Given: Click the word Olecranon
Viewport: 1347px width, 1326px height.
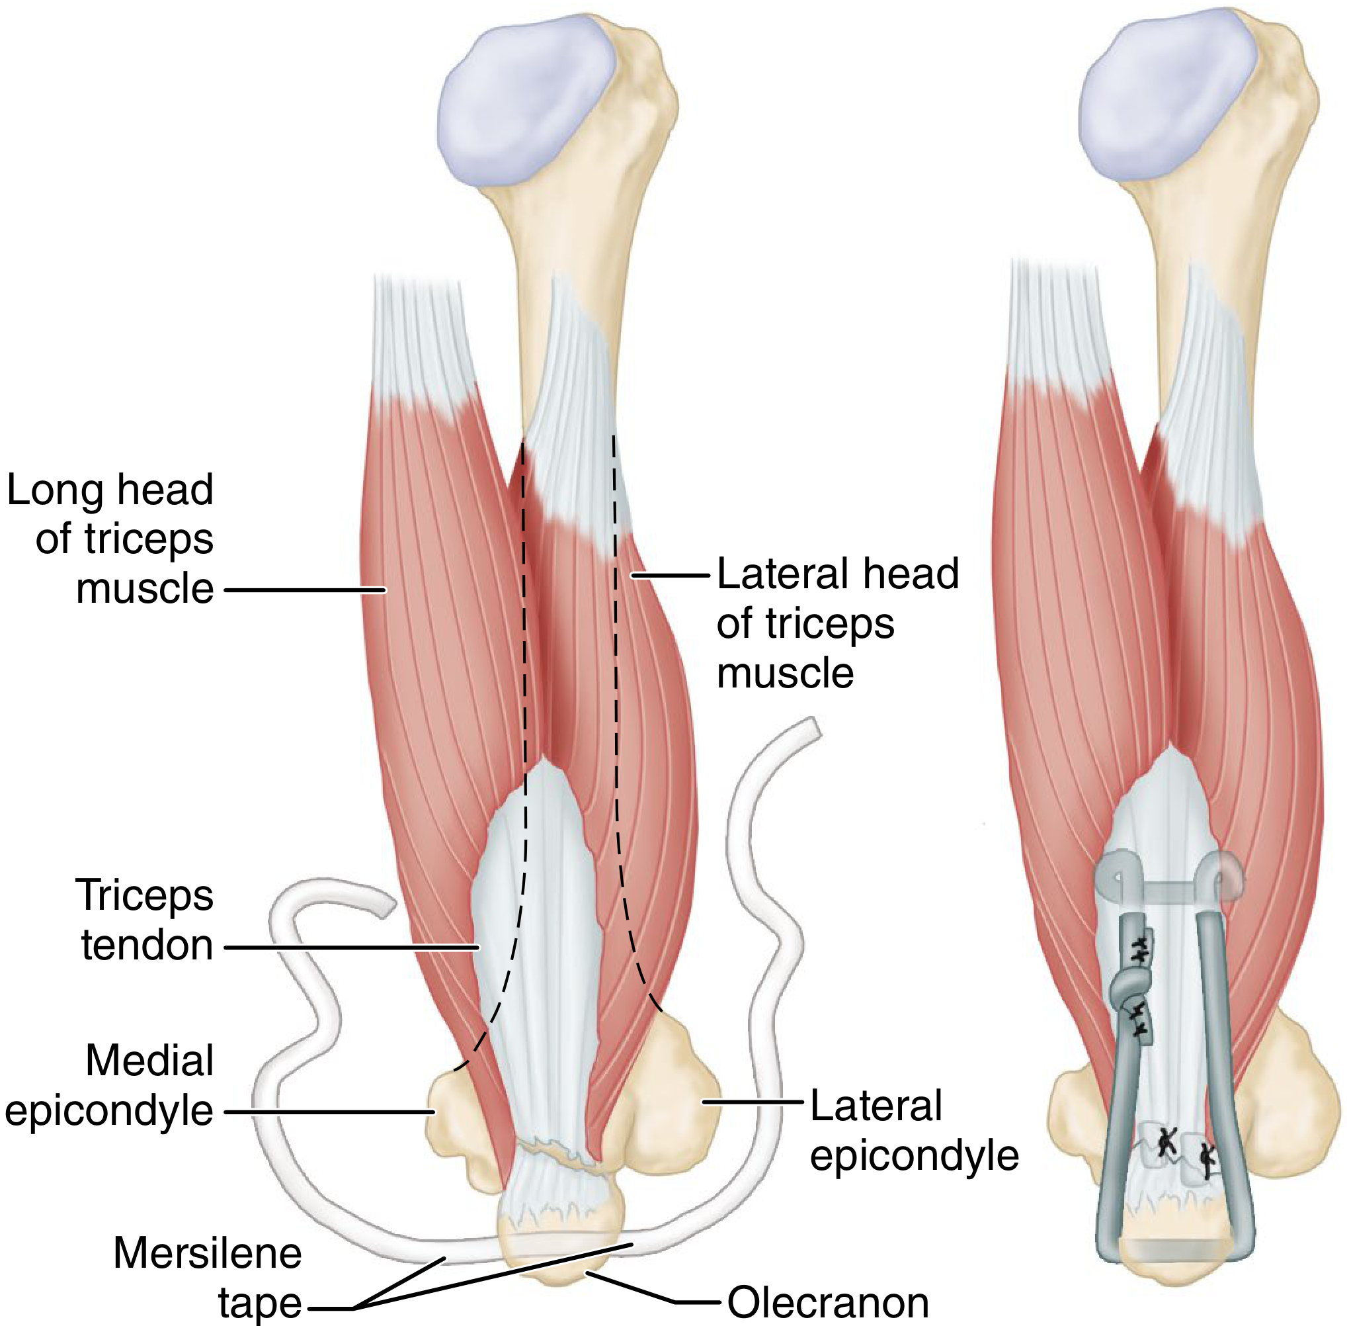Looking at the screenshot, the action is [x=828, y=1302].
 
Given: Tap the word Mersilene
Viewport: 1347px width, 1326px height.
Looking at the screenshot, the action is [x=208, y=1254].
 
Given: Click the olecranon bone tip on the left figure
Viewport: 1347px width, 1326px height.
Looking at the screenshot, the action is [x=557, y=1254].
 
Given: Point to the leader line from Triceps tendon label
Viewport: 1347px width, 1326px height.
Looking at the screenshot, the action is [x=352, y=947].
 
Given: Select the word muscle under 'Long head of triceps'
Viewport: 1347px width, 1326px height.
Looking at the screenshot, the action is [x=145, y=589].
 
